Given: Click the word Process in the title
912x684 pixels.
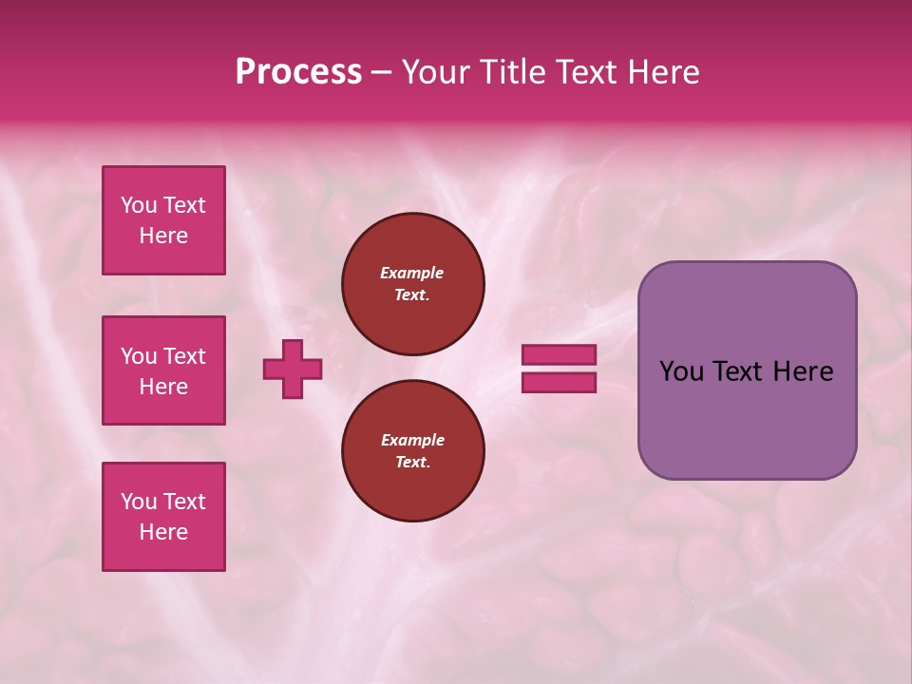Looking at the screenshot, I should click(x=298, y=72).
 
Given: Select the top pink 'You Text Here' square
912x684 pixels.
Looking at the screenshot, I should click(x=163, y=220).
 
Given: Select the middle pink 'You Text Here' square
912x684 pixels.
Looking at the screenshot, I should click(x=163, y=370).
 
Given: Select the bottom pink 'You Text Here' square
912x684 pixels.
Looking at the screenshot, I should click(x=163, y=517).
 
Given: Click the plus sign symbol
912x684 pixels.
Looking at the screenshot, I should click(x=293, y=369).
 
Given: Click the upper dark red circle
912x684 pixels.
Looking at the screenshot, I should click(x=413, y=284).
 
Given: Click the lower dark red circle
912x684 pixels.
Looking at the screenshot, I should click(x=413, y=451).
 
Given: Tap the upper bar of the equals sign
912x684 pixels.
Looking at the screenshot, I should click(x=560, y=354).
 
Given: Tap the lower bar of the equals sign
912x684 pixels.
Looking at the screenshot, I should click(x=560, y=383).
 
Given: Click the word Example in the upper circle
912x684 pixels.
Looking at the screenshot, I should click(x=412, y=273).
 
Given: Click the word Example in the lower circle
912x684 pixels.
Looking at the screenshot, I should click(x=412, y=440).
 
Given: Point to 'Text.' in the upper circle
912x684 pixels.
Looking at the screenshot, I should click(x=412, y=295).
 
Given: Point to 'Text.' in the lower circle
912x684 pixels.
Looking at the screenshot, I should click(x=412, y=463).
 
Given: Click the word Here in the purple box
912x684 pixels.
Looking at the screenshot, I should click(x=803, y=371).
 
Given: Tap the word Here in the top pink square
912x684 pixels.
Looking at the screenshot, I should click(x=163, y=236).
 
